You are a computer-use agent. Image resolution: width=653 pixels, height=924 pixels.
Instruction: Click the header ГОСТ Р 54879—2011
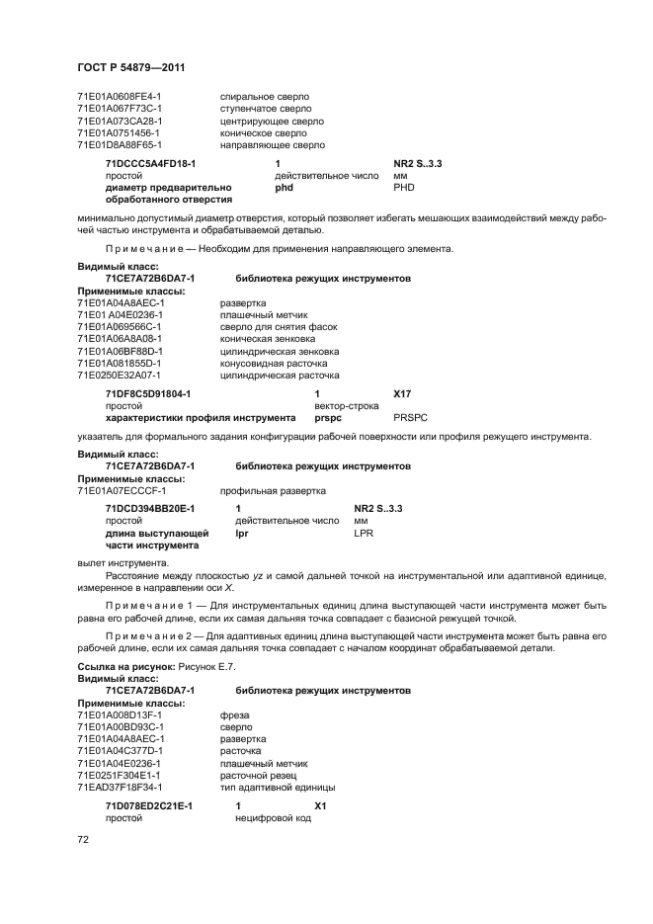point(131,67)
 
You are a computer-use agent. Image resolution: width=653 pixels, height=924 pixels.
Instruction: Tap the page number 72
point(83,840)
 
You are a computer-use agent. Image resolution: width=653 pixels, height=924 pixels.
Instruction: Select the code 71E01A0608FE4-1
point(120,97)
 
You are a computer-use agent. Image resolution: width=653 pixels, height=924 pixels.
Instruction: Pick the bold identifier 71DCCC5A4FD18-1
point(150,163)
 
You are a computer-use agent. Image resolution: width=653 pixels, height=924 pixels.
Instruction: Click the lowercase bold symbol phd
point(284,187)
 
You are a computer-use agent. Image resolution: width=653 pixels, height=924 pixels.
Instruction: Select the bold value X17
point(402,394)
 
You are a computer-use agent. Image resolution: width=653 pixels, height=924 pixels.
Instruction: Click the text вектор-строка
point(346,406)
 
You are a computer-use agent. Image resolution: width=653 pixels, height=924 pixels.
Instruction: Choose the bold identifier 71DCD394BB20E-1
point(150,508)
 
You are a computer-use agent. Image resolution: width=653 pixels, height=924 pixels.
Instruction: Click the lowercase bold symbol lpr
point(242,533)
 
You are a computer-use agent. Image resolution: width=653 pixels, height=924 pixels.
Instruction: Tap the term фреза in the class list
point(234,714)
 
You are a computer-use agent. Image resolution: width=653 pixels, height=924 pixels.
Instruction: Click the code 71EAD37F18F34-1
point(121,787)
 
